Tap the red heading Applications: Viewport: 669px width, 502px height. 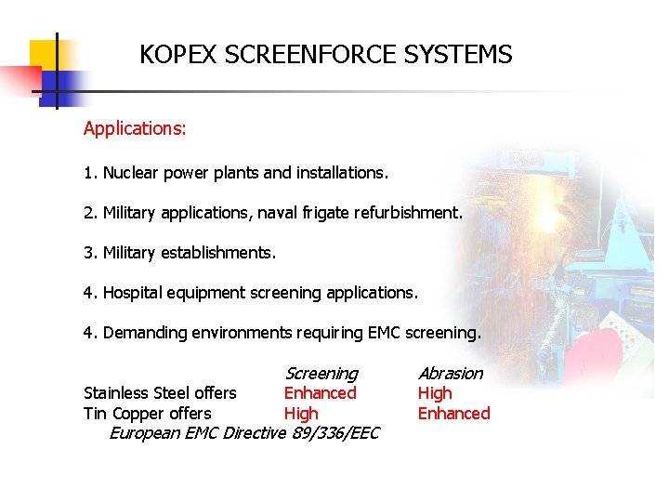pyautogui.click(x=135, y=129)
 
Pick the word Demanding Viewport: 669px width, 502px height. pyautogui.click(x=145, y=333)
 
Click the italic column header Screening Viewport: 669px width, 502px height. pyautogui.click(x=321, y=374)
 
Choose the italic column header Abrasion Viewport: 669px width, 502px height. pyautogui.click(x=451, y=374)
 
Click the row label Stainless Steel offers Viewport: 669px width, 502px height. pyautogui.click(x=160, y=393)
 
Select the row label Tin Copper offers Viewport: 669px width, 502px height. pyautogui.click(x=147, y=414)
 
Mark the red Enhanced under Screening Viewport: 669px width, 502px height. pyautogui.click(x=320, y=393)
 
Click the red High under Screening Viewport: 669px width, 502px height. pyautogui.click(x=300, y=414)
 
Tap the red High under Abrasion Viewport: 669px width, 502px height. pyautogui.click(x=434, y=393)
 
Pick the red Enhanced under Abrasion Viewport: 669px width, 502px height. pyautogui.click(x=453, y=414)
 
